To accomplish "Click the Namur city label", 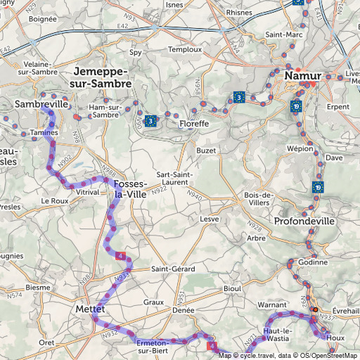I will [303, 75].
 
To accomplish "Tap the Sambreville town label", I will [41, 104].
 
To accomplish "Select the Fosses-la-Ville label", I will [131, 189].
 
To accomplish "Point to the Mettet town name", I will [89, 309].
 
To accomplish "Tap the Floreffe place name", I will [193, 124].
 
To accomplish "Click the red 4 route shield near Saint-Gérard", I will [122, 257].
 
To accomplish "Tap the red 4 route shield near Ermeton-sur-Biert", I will [210, 346].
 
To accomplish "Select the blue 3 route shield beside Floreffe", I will [150, 121].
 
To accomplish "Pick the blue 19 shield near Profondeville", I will [317, 187].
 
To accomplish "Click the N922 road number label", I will [159, 188].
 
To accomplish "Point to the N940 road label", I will [195, 196].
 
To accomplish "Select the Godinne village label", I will [313, 262].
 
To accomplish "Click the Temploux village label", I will [184, 50].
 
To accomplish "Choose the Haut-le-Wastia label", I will [278, 335].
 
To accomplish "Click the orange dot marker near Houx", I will [315, 309].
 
